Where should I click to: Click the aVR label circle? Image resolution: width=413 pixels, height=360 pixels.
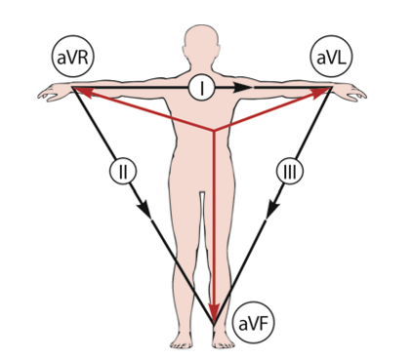[x=72, y=57]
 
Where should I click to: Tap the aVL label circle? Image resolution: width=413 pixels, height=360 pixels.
[x=331, y=57]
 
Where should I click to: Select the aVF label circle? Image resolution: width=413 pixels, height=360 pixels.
[x=254, y=323]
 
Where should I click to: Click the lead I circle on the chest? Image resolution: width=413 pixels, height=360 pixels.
[x=202, y=88]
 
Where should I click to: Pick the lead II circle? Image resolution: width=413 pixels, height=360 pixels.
[x=123, y=171]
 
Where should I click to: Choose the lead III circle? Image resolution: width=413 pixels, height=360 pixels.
[x=290, y=171]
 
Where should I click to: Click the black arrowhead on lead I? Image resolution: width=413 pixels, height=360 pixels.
[x=243, y=88]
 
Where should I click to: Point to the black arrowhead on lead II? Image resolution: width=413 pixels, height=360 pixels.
[x=145, y=210]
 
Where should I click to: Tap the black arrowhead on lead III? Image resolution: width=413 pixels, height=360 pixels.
[x=272, y=210]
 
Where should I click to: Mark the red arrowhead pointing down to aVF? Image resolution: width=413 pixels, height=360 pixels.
[x=214, y=312]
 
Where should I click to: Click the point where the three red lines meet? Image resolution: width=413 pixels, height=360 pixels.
[x=214, y=131]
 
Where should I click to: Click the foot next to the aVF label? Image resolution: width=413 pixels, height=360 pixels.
[x=223, y=340]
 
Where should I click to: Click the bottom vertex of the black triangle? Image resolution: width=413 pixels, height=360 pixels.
[x=214, y=324]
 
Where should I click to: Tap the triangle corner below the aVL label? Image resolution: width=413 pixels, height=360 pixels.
[x=331, y=88]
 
